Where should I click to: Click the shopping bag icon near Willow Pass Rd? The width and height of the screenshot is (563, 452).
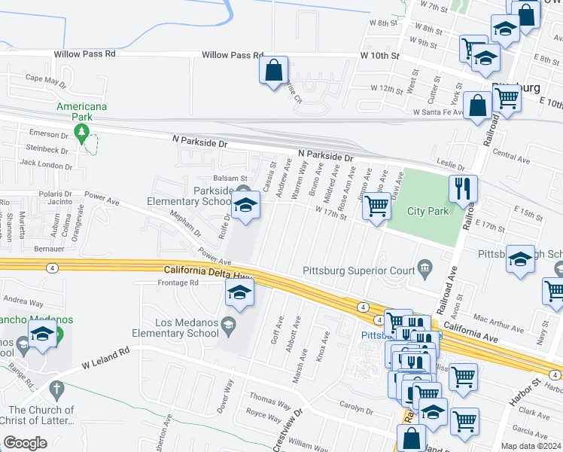pos(273,72)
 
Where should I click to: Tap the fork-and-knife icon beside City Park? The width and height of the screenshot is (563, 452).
pos(463,188)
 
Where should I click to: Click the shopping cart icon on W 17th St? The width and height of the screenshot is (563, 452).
pos(376,205)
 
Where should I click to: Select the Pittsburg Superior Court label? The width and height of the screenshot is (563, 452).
pos(359,270)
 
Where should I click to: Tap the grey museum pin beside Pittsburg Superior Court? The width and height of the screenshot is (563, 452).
pos(425,267)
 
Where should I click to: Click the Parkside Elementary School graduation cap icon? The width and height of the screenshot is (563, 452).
pos(245,206)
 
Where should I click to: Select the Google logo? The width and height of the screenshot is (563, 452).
pos(25,443)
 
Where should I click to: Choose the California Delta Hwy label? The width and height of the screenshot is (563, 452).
pos(208,270)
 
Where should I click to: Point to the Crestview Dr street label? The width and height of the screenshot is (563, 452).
pos(287,428)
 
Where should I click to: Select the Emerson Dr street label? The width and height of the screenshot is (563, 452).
pos(49,133)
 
